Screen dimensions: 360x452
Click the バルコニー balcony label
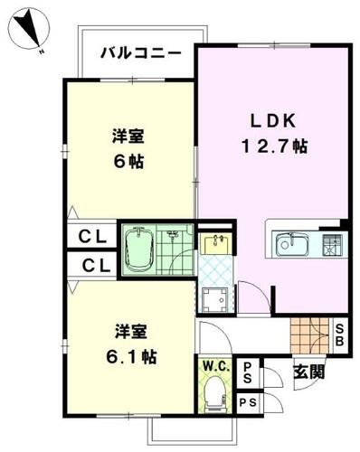click(x=141, y=53)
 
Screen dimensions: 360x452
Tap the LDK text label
click(x=273, y=121)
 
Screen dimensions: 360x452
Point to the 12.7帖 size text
click(x=274, y=146)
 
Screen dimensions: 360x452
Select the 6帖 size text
click(x=128, y=162)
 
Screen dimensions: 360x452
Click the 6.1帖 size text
click(x=131, y=357)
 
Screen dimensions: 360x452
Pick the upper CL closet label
click(x=92, y=237)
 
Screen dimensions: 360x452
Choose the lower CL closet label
click(x=97, y=266)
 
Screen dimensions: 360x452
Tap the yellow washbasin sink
click(x=215, y=243)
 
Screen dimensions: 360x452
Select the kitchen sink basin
click(x=292, y=243)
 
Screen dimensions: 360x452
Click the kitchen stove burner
click(x=332, y=245)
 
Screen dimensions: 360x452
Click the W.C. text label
click(x=216, y=366)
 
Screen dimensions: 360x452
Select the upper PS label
click(x=248, y=372)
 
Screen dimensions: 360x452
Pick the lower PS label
click(x=248, y=402)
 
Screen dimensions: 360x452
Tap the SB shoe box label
click(x=340, y=334)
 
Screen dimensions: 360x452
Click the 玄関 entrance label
click(x=309, y=372)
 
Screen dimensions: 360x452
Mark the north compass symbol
click(x=28, y=30)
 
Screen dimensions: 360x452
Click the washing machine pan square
click(x=215, y=300)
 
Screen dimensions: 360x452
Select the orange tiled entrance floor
click(x=310, y=335)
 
